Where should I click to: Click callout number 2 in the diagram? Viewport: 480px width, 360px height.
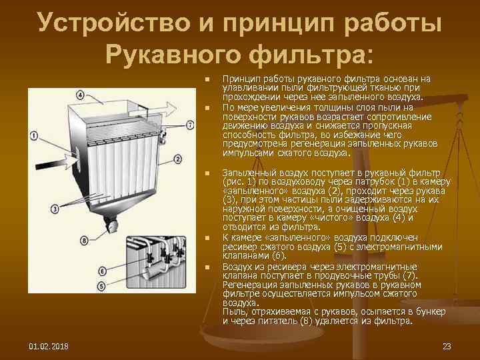point(177,159)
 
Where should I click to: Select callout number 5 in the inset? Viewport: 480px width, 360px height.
point(102,286)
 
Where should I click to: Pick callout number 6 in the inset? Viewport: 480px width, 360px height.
point(102,271)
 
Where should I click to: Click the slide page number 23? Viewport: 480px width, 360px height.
point(447,345)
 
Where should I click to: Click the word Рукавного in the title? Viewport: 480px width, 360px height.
point(173,53)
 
